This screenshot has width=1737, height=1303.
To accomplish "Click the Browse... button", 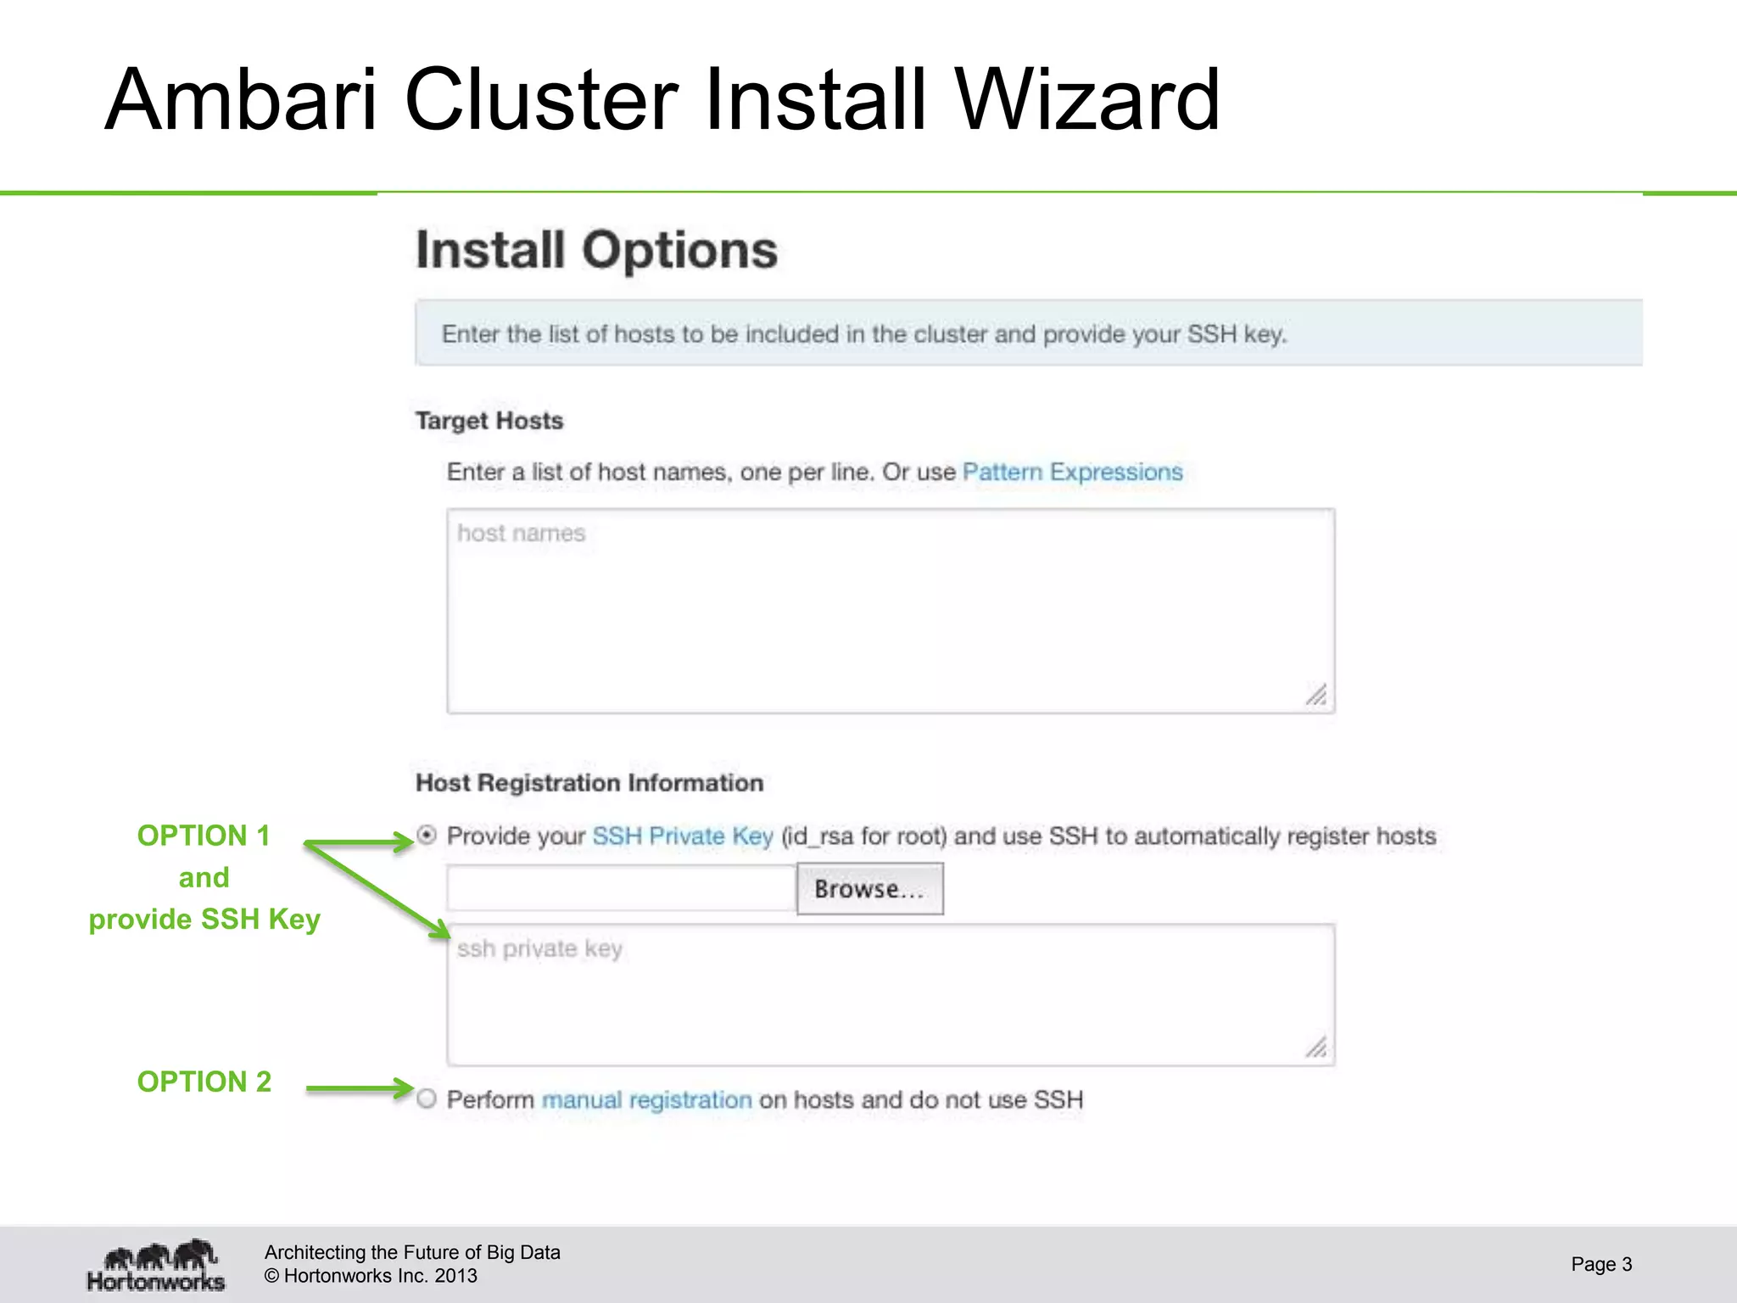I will (869, 889).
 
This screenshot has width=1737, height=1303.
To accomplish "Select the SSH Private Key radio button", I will (427, 836).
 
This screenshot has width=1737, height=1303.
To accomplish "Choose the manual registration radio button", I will (427, 1099).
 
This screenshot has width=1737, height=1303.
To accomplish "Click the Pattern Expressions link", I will (1072, 472).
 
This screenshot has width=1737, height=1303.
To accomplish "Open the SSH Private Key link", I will (682, 836).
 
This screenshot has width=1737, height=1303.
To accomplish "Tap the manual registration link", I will (646, 1100).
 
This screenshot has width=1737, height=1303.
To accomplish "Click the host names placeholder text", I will (522, 534).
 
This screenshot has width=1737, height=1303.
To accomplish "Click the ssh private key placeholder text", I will (539, 948).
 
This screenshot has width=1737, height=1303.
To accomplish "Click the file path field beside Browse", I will (622, 889).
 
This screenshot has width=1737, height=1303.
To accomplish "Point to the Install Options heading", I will (596, 250).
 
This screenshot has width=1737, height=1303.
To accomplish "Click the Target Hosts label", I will (489, 421).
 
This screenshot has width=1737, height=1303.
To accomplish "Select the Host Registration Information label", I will (589, 783).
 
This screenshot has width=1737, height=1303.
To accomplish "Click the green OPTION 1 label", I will (204, 836).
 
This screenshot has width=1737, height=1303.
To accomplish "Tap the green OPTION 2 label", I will (204, 1082).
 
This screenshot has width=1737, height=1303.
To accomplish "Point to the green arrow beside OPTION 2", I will (360, 1088).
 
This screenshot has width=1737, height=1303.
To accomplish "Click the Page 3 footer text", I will (1601, 1264).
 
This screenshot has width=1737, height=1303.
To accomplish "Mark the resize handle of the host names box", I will (1316, 696).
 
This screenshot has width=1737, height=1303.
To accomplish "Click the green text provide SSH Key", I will (204, 920).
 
